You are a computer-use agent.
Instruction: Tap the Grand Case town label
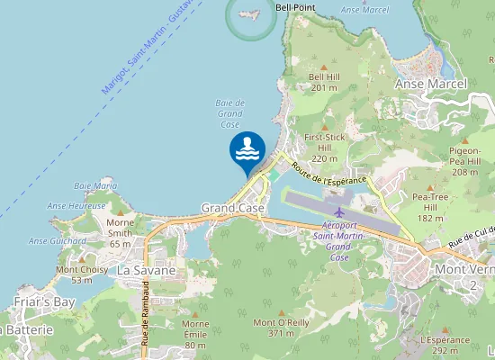pyautogui.click(x=232, y=208)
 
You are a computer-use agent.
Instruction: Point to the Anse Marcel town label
pyautogui.click(x=431, y=84)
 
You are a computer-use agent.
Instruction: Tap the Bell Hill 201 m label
pyautogui.click(x=323, y=82)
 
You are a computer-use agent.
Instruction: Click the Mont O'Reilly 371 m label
pyautogui.click(x=274, y=328)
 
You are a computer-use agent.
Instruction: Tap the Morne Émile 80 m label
pyautogui.click(x=195, y=334)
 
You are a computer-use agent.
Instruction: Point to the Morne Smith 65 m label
pyautogui.click(x=121, y=232)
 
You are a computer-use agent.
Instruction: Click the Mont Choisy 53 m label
pyautogui.click(x=82, y=274)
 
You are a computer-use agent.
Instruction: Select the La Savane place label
pyautogui.click(x=147, y=270)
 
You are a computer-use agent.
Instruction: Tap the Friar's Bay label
pyautogui.click(x=44, y=302)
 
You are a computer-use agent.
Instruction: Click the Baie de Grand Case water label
pyautogui.click(x=230, y=113)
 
